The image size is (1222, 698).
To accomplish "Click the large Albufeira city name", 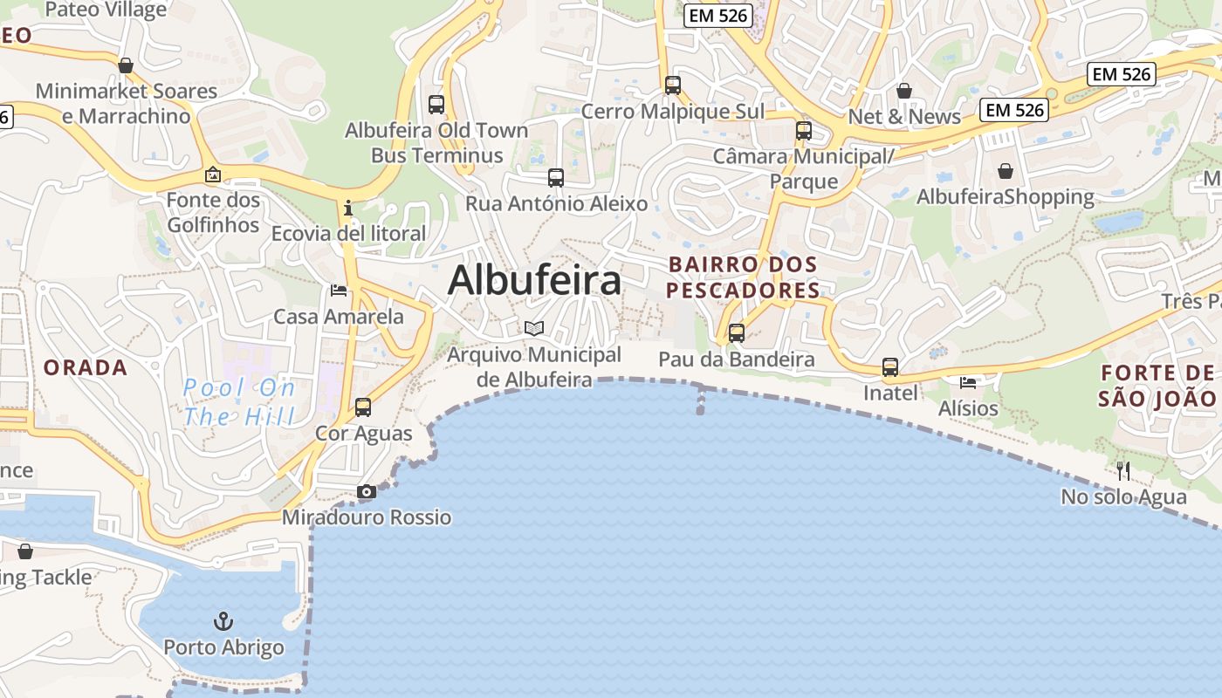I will click(534, 280).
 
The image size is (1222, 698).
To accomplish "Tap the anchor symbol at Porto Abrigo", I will click(224, 621).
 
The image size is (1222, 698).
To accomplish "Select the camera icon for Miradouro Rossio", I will click(367, 492).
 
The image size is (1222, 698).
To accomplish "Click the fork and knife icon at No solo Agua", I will click(1123, 471).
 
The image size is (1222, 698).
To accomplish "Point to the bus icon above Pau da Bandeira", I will click(737, 333).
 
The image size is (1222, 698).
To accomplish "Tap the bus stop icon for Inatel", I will click(890, 367).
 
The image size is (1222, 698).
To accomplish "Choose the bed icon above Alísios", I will click(968, 382).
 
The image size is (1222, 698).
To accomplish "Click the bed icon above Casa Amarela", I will click(339, 291).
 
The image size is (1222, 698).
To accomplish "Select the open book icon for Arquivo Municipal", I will click(534, 329).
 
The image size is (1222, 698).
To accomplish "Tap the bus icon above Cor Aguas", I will click(363, 407).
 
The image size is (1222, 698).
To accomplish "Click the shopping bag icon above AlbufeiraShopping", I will click(1006, 171).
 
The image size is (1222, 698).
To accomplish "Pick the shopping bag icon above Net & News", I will click(904, 91).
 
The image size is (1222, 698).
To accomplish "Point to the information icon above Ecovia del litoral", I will click(348, 208).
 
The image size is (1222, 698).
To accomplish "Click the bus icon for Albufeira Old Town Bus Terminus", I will click(436, 105).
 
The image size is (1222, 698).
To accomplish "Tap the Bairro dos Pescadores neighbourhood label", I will click(743, 277).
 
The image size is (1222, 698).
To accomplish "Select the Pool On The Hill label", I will click(238, 401).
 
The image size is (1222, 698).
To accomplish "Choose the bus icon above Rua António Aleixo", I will click(556, 178).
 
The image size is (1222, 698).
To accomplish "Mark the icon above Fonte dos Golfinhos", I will click(213, 175).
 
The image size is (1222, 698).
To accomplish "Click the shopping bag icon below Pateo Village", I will click(126, 65).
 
